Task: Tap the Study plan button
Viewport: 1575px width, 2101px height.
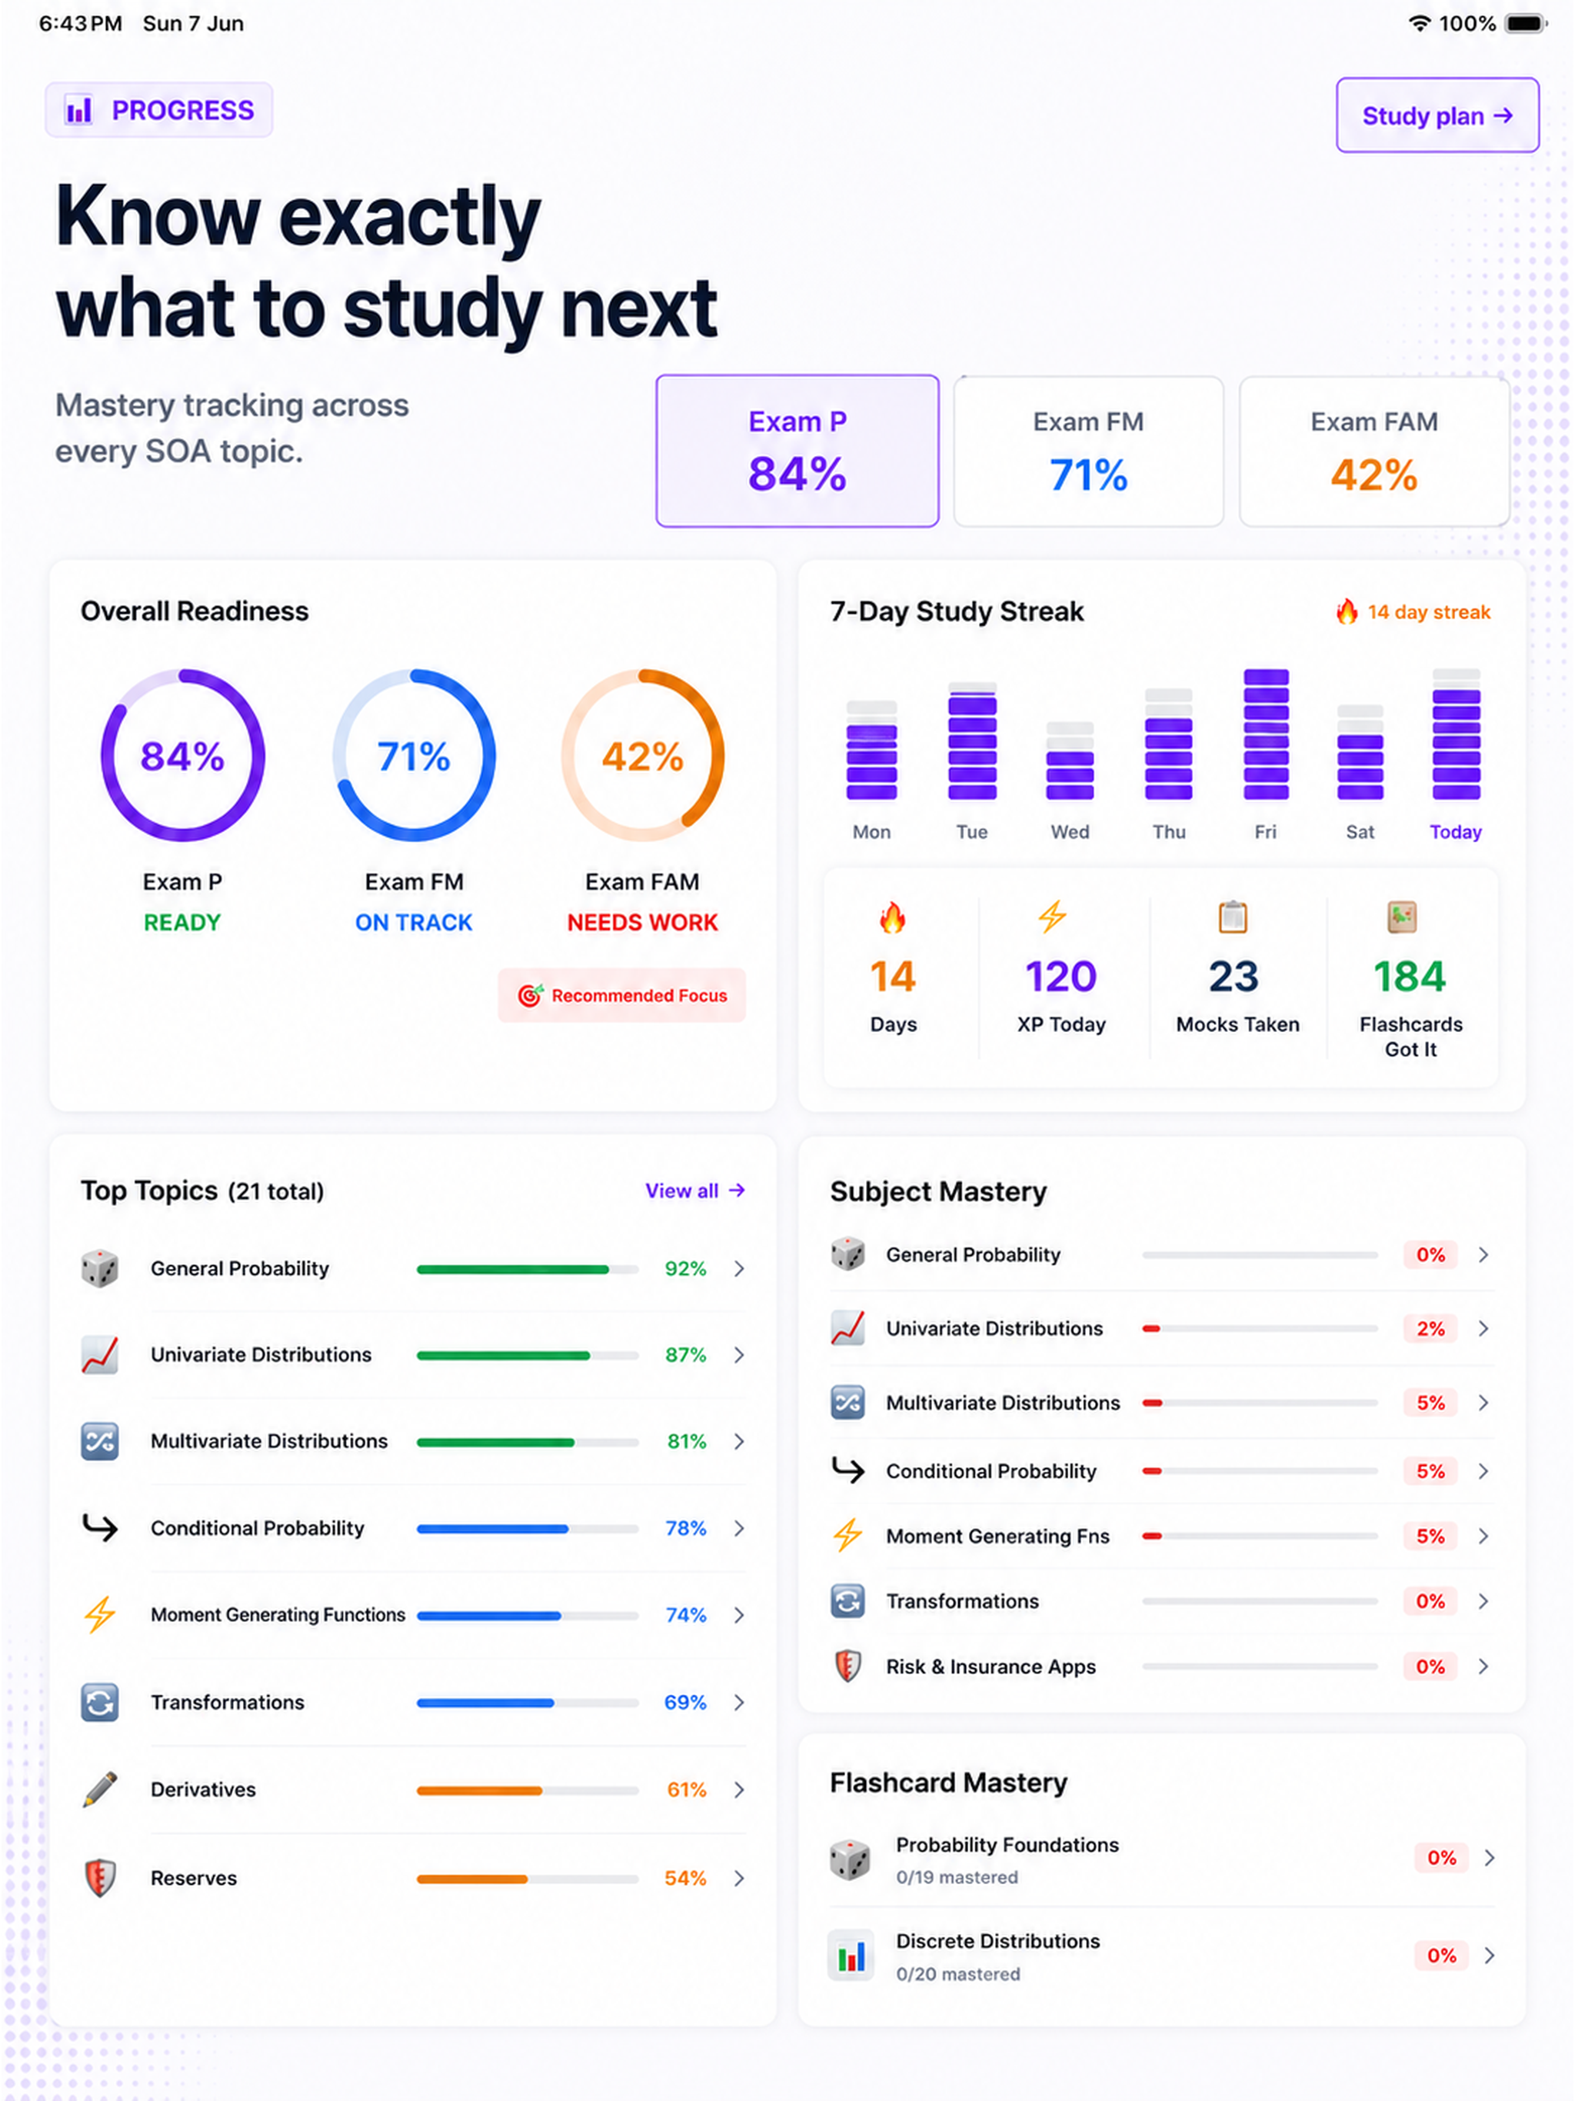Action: [x=1437, y=115]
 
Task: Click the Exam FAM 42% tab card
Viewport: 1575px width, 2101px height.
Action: [x=1374, y=451]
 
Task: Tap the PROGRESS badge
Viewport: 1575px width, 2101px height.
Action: [x=158, y=110]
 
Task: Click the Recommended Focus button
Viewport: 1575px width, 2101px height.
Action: [x=621, y=995]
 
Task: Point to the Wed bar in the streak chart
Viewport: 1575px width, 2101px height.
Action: [x=1070, y=761]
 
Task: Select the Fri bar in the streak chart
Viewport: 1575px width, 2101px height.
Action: [x=1267, y=734]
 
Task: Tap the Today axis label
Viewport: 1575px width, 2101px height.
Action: [x=1455, y=832]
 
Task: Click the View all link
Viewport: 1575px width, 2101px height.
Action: [x=694, y=1191]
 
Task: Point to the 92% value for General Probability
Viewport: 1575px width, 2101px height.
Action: [x=685, y=1269]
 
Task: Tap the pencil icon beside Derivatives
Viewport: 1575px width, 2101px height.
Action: [x=100, y=1790]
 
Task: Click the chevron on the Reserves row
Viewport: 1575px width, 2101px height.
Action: [x=739, y=1878]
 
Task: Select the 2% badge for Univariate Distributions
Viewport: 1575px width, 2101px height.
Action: [x=1430, y=1329]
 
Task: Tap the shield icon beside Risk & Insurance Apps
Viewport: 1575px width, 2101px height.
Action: [x=847, y=1666]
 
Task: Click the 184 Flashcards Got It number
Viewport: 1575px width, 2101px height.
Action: [x=1410, y=977]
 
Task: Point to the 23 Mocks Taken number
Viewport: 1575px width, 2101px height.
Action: [x=1233, y=977]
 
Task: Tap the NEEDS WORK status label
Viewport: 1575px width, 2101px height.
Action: [x=642, y=922]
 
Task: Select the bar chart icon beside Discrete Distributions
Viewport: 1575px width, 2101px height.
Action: [x=851, y=1956]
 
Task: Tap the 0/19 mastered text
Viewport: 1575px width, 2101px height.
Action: [x=957, y=1878]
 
